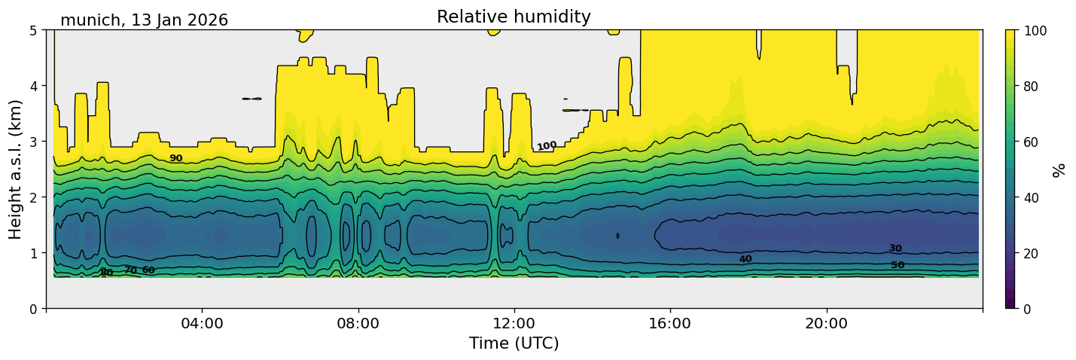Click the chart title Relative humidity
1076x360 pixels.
click(x=514, y=17)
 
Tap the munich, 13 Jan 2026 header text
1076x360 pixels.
click(x=144, y=20)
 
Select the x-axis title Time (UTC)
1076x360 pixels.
click(x=514, y=343)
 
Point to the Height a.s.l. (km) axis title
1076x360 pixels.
click(x=16, y=169)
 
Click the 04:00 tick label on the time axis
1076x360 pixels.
click(x=202, y=324)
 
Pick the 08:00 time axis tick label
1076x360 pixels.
click(x=358, y=324)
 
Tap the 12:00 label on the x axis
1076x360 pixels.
click(x=514, y=324)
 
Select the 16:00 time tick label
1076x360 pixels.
click(x=670, y=324)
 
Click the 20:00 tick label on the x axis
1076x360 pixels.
click(x=827, y=324)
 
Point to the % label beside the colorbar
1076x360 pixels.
click(x=1060, y=169)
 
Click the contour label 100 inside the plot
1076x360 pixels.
click(x=547, y=145)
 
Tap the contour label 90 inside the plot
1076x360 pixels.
click(x=175, y=158)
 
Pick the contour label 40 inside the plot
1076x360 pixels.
click(x=745, y=259)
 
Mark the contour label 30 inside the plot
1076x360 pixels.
click(x=895, y=249)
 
